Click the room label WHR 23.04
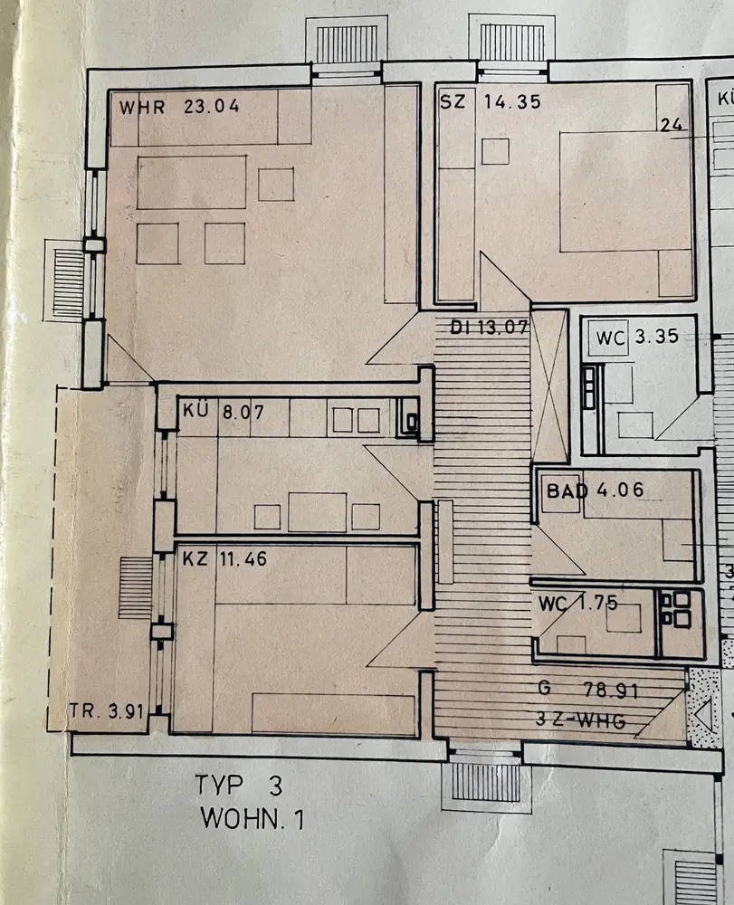tap(178, 106)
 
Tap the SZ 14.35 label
tap(491, 101)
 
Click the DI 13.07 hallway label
tap(489, 327)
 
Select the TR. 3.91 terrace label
tap(107, 711)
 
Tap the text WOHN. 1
tap(253, 820)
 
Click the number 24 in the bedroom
tap(671, 126)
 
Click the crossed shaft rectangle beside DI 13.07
tap(548, 386)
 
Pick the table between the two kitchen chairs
tap(317, 512)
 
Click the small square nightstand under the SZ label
tap(494, 151)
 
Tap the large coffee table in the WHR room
tap(191, 182)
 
